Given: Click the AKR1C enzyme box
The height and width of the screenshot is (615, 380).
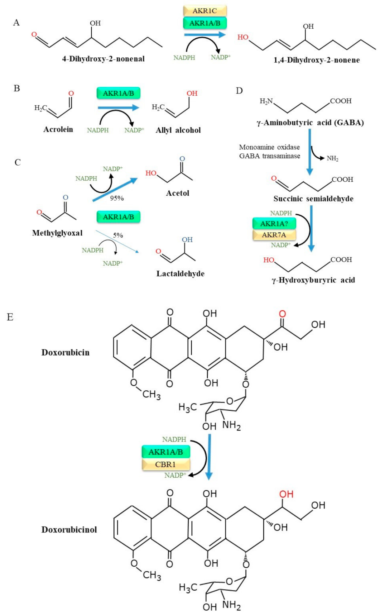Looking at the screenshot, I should (x=205, y=11).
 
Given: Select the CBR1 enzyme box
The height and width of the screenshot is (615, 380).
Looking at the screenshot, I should (x=165, y=464).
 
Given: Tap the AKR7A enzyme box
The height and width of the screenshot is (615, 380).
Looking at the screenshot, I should (x=274, y=235).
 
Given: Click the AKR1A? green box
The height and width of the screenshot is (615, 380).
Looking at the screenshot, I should (x=274, y=224).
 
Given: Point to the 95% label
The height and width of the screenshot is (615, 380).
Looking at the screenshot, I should (x=117, y=198).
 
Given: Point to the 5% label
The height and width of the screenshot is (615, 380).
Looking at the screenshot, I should (x=118, y=235).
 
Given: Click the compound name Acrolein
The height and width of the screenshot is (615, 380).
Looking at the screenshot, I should (x=58, y=129).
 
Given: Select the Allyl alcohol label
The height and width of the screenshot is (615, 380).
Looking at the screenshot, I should (x=178, y=130).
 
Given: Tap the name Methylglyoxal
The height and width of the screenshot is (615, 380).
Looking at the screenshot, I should (x=57, y=233).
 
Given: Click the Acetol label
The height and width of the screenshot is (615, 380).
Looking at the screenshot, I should (x=177, y=193).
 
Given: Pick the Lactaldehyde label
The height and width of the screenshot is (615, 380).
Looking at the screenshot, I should (x=180, y=274).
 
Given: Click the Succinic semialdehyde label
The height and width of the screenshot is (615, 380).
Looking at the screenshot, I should (x=313, y=199).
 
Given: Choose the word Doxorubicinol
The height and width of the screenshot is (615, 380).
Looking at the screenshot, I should (x=69, y=530).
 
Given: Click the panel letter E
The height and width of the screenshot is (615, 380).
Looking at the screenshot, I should (x=10, y=317).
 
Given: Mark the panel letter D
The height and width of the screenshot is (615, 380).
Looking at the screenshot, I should (x=239, y=91).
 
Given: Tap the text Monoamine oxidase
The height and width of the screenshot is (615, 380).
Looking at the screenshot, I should (x=269, y=147).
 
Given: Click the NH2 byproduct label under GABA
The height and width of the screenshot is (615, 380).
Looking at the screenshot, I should (x=332, y=158).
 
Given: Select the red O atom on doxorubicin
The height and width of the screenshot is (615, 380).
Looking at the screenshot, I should (x=282, y=314).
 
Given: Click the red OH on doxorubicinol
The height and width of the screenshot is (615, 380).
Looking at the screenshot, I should (x=286, y=494).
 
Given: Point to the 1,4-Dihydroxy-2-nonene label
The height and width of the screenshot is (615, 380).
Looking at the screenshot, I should (x=317, y=60).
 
